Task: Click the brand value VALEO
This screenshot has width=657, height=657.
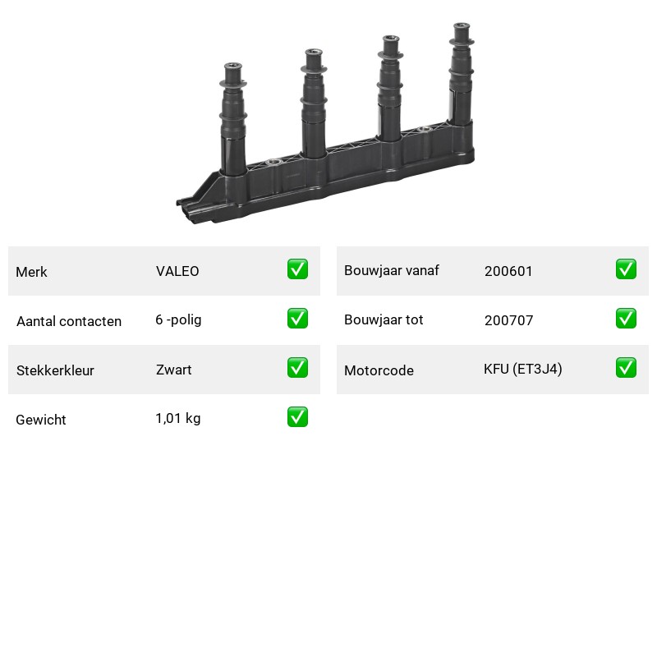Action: [x=177, y=271]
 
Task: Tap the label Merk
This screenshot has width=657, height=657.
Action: [x=31, y=272]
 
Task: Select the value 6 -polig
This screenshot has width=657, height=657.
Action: [x=178, y=320]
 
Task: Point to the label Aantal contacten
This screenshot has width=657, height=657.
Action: [x=69, y=321]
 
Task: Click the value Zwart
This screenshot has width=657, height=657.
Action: [x=174, y=370]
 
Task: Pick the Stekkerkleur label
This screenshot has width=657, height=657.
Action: [x=55, y=370]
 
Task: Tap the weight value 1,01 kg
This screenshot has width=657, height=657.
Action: [x=178, y=419]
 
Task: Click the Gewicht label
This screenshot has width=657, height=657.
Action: [x=41, y=420]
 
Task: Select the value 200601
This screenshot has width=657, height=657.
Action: [x=508, y=271]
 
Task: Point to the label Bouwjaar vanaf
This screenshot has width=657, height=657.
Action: [x=392, y=271]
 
